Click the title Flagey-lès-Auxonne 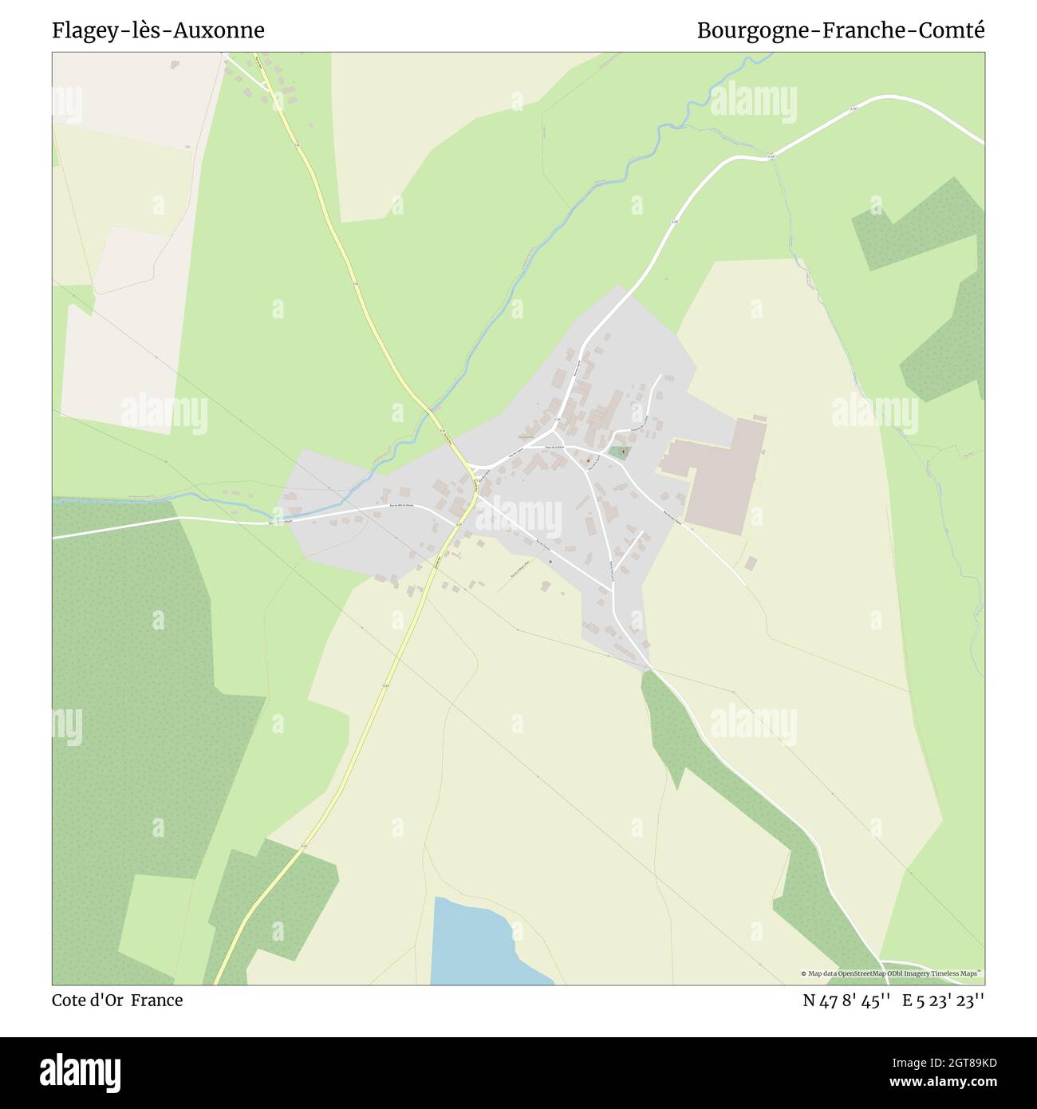pos(159,30)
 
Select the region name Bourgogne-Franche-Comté pos(841,30)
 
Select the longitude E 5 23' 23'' pos(944,1000)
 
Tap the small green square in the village pos(619,452)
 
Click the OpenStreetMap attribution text pos(892,973)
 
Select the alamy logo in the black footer pos(81,1072)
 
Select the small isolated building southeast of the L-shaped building pos(751,563)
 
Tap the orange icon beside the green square pos(589,460)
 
